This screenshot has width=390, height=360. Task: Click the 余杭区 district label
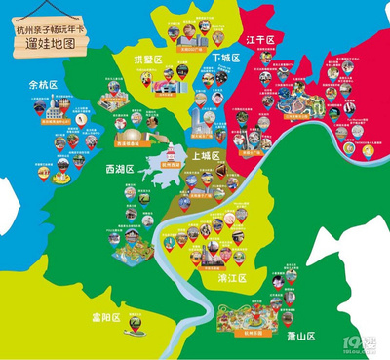pyautogui.click(x=44, y=85)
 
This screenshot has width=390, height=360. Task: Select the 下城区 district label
pyautogui.click(x=228, y=58)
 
